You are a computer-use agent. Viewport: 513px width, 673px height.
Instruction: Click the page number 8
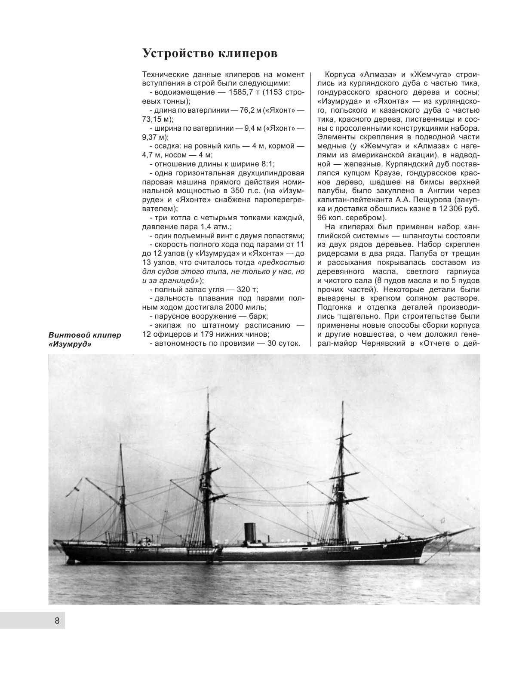(57, 621)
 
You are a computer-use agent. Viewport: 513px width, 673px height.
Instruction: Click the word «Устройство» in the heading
(176, 53)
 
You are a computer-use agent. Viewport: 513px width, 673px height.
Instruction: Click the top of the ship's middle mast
(205, 385)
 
